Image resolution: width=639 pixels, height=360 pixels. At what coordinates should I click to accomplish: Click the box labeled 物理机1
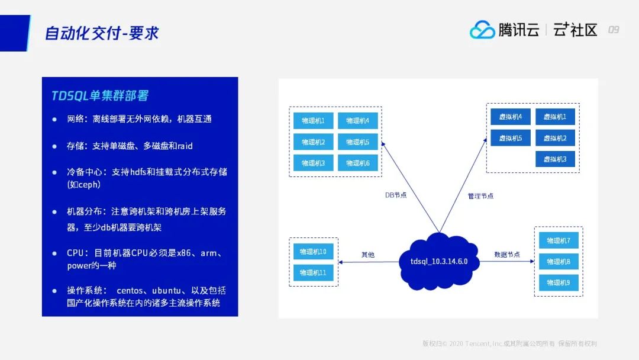[313, 121]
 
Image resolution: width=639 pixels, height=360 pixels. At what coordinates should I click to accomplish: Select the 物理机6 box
[358, 163]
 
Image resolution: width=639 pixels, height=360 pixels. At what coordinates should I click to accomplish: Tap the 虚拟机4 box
[510, 117]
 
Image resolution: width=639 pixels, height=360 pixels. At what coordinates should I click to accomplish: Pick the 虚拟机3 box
[555, 159]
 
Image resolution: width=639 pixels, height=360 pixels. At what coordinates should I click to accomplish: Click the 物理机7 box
[559, 240]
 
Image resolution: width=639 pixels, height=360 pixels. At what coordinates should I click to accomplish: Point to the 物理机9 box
[559, 282]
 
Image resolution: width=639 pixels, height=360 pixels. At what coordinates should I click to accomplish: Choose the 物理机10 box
[313, 251]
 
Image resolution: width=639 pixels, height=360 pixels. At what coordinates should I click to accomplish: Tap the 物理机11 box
[313, 272]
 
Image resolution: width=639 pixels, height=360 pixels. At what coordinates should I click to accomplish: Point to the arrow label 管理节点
[480, 195]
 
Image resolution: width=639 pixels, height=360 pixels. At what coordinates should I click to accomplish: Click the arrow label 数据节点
[507, 255]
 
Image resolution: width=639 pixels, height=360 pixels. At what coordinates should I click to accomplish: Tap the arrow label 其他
[367, 255]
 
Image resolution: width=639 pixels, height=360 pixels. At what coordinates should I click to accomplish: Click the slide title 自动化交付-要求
[102, 33]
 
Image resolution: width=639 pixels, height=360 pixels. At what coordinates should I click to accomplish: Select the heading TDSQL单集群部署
[104, 96]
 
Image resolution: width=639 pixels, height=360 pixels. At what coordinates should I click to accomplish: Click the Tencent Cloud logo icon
[482, 30]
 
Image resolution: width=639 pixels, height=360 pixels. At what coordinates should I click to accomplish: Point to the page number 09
[614, 30]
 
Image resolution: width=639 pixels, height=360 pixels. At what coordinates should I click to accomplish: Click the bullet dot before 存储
[54, 146]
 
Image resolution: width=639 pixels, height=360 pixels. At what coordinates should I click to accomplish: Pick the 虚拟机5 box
[510, 138]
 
